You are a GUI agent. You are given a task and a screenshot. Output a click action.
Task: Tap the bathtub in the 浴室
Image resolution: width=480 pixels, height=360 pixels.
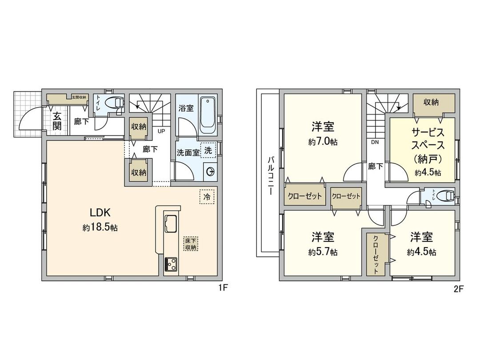tap(208, 115)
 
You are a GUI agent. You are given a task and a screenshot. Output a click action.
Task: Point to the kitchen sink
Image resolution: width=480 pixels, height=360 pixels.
tap(172, 223)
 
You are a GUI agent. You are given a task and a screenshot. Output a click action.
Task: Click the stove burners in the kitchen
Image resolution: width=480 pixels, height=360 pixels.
tap(171, 264)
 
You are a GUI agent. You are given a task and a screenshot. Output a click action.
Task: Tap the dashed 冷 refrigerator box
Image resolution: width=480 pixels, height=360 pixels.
tap(207, 196)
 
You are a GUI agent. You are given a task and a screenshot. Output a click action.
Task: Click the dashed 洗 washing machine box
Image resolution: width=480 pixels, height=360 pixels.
tap(208, 151)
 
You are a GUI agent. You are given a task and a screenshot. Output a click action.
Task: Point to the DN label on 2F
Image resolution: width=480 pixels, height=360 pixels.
tap(375, 142)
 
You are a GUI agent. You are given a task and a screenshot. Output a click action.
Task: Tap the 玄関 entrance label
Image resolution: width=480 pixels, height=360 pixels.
tap(57, 120)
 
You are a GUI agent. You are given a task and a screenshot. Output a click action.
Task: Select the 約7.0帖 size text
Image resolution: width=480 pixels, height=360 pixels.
tap(323, 142)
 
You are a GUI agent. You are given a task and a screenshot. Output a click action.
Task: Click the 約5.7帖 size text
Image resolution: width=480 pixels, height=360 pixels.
tap(323, 252)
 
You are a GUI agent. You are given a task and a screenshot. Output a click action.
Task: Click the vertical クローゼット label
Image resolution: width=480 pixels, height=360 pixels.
tap(376, 253)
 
